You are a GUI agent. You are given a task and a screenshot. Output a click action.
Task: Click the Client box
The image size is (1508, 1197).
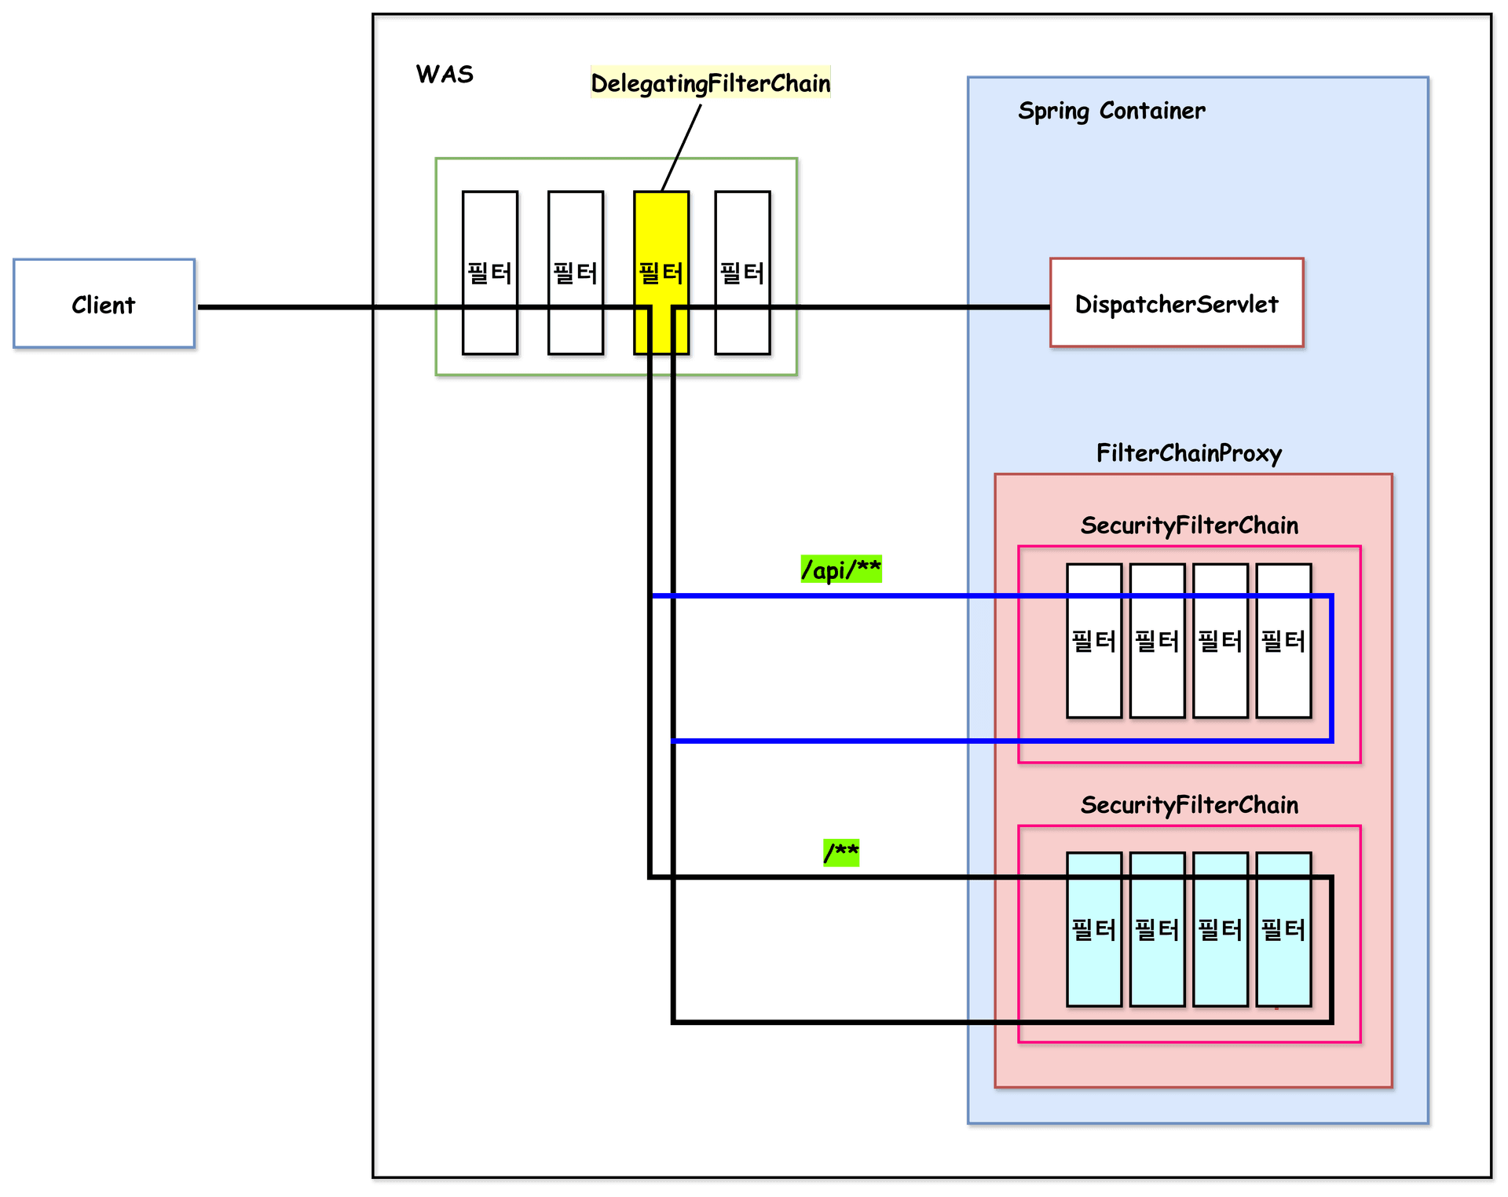tap(104, 304)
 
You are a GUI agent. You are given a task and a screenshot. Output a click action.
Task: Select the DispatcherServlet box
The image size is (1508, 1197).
tap(1176, 303)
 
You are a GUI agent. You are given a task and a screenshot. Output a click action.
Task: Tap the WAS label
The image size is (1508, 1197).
tap(445, 74)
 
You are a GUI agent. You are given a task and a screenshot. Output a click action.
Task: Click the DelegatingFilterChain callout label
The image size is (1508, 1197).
tap(710, 82)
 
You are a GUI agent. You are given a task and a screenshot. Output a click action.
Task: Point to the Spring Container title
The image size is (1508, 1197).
tap(1111, 111)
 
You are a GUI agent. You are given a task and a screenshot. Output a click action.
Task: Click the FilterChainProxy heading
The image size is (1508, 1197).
tap(1188, 453)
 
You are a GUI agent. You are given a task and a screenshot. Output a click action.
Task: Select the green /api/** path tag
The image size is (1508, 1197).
tap(840, 569)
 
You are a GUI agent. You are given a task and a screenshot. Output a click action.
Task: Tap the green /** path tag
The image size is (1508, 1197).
tap(840, 852)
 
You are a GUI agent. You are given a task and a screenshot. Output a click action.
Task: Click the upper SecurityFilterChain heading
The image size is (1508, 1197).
tap(1188, 525)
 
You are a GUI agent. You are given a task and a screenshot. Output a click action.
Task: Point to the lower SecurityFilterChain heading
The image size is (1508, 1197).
tap(1188, 805)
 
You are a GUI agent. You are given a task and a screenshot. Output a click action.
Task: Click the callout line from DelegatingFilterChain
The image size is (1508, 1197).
tap(682, 148)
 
